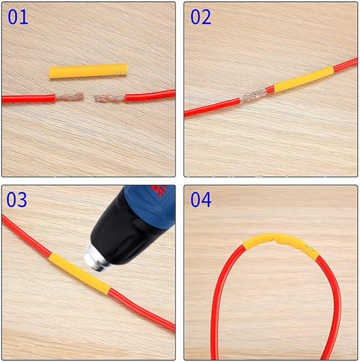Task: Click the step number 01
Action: (17, 16)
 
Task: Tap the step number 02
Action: (201, 16)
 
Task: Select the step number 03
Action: (17, 199)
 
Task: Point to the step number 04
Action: (201, 199)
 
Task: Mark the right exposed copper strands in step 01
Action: (109, 97)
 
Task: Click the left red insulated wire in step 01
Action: (29, 98)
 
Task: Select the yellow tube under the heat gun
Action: (79, 273)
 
